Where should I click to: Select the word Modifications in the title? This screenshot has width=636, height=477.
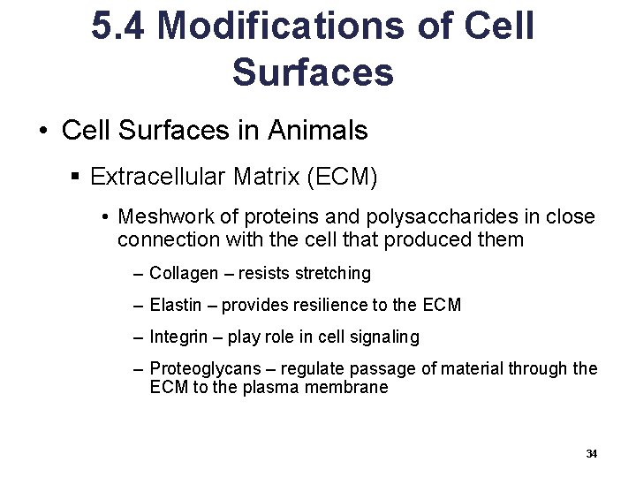point(280,26)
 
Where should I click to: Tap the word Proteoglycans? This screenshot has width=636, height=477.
point(198,369)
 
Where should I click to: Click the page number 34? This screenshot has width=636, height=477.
point(591,454)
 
